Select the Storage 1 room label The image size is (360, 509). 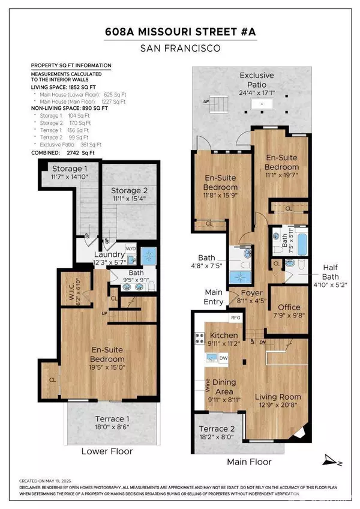click(70, 169)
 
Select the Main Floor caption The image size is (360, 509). click(248, 462)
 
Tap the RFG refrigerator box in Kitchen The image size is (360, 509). click(235, 318)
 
